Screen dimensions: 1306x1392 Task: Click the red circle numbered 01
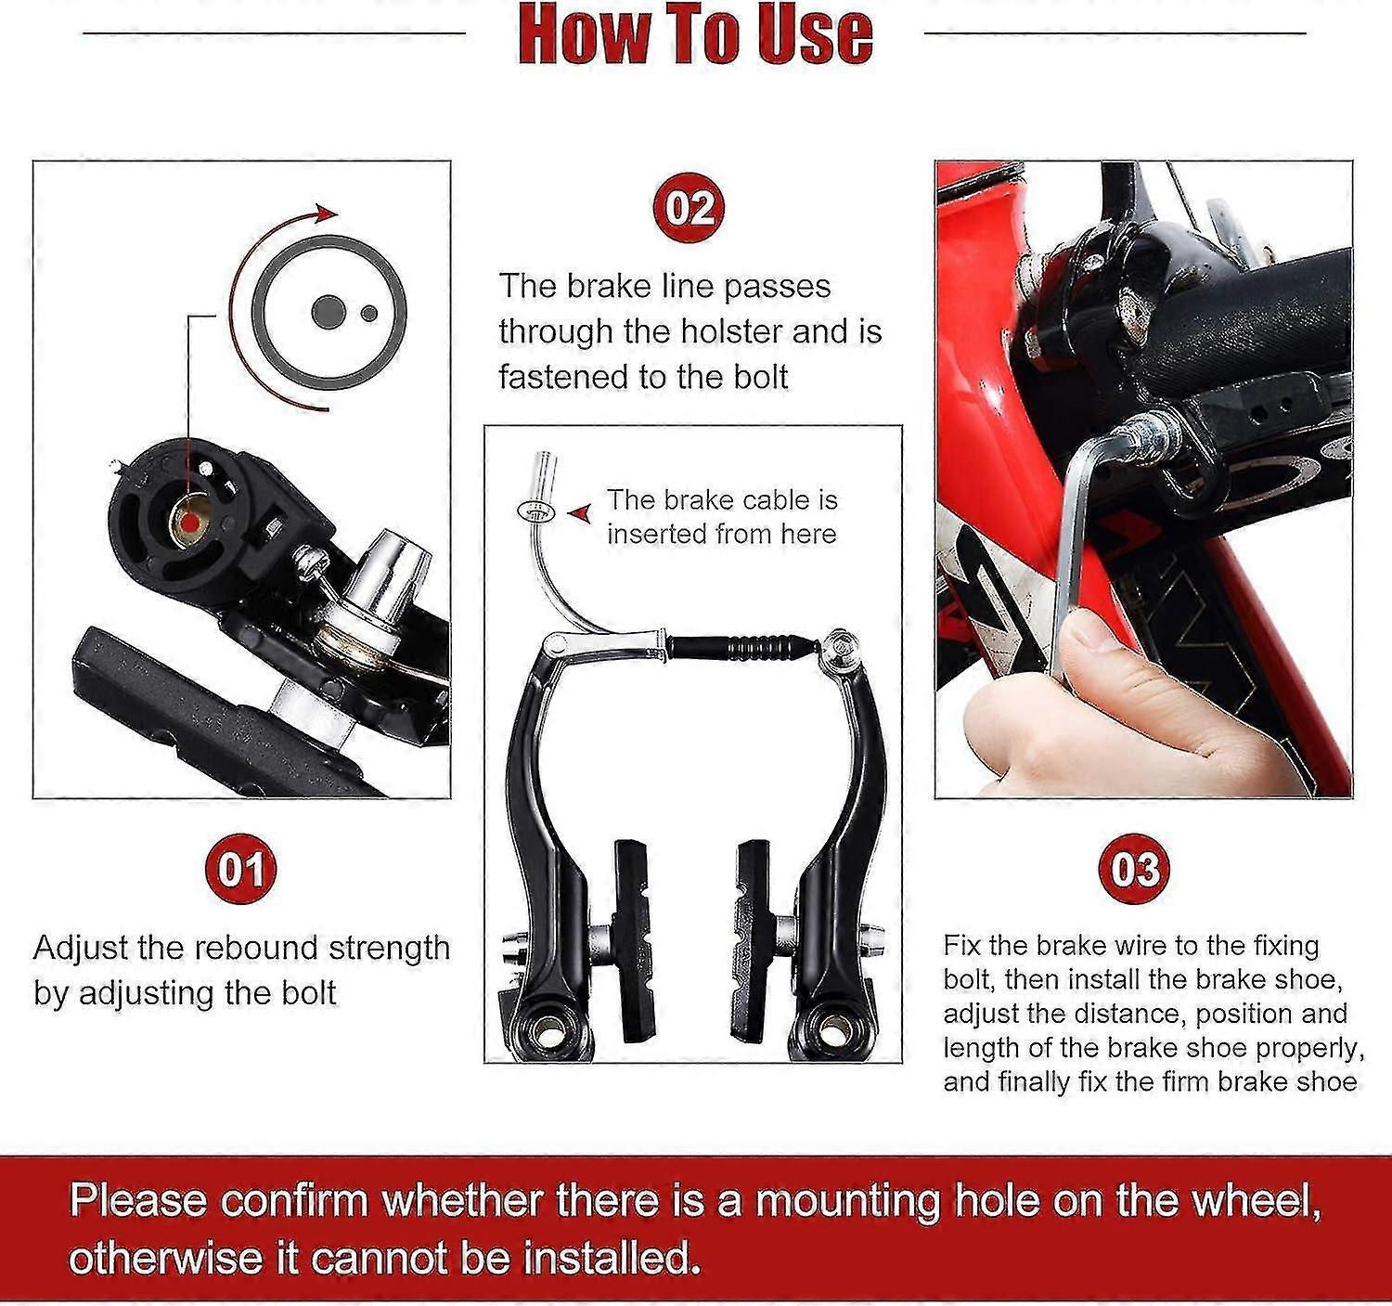click(240, 870)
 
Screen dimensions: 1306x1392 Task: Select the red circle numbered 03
click(1135, 870)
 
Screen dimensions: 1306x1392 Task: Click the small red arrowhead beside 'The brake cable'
click(582, 512)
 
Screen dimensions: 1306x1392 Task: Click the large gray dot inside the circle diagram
click(327, 312)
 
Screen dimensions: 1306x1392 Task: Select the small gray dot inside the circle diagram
click(369, 313)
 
